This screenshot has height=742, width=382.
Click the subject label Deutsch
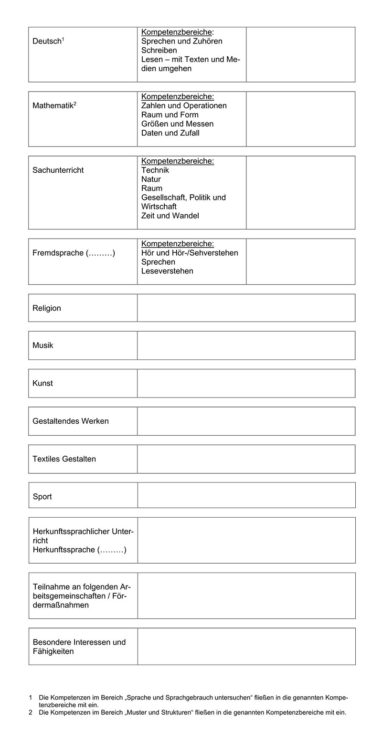(46, 42)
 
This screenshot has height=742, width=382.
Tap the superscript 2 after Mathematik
(75, 104)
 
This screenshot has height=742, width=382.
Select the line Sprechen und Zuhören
(181, 41)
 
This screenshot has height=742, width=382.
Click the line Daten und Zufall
(170, 133)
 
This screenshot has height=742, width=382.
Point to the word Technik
(155, 170)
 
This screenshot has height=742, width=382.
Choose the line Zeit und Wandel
(170, 216)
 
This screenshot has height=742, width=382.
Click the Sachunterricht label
(58, 170)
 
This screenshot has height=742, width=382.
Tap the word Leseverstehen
(167, 271)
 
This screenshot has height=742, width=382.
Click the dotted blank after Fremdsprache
(101, 253)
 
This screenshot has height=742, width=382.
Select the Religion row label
(47, 308)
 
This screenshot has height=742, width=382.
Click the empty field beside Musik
(246, 345)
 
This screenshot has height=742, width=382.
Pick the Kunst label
(42, 383)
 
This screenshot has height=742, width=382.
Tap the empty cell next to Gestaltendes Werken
(246, 421)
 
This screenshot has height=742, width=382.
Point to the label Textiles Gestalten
(64, 459)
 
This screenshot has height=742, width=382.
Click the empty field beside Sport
(246, 495)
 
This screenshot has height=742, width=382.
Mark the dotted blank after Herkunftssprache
(112, 550)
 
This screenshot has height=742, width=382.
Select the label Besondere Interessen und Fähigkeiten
(79, 647)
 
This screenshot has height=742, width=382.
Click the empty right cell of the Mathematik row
(300, 119)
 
